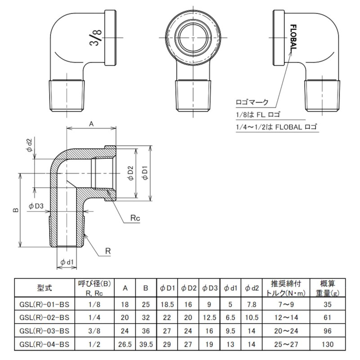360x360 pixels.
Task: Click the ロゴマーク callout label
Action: click(x=251, y=102)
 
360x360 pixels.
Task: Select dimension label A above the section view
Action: click(x=91, y=122)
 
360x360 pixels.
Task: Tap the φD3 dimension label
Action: click(x=36, y=206)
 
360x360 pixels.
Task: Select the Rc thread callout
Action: click(x=135, y=218)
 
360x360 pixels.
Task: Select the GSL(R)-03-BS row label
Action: click(x=45, y=331)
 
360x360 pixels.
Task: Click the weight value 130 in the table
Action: click(x=328, y=345)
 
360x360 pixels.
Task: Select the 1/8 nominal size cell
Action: click(x=91, y=304)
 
